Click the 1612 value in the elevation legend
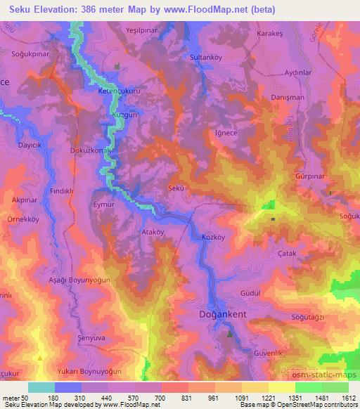tap(347, 398)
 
